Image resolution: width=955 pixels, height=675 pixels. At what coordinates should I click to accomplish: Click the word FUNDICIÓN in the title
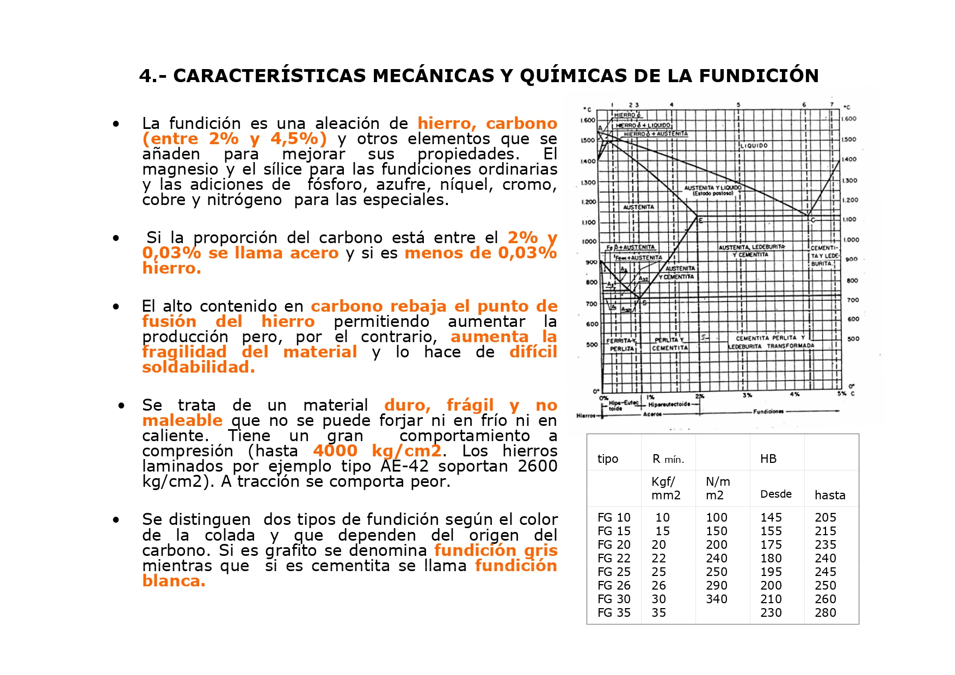759,76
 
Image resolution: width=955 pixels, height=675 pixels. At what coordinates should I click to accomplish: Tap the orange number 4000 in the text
335,451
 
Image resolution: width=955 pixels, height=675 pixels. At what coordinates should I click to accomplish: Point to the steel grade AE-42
405,466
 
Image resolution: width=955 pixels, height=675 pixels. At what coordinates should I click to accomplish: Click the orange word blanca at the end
174,581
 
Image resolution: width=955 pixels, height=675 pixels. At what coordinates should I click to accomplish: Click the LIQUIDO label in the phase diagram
754,146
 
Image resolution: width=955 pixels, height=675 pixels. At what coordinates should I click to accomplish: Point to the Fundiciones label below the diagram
768,412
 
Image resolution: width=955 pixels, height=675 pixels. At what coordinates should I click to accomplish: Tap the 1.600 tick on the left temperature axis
588,120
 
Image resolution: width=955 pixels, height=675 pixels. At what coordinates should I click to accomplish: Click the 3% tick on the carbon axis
747,395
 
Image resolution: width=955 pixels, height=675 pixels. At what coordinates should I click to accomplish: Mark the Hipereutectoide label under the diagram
669,405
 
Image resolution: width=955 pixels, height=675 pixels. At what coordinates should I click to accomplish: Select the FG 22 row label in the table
614,559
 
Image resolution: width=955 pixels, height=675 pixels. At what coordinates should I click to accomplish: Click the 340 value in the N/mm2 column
717,599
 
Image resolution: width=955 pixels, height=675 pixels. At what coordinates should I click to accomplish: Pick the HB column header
768,459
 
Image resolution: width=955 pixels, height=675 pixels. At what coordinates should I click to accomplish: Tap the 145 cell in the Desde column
771,518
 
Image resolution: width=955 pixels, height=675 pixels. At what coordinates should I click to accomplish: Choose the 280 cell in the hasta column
825,613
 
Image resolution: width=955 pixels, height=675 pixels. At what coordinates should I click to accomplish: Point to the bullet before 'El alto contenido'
116,307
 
